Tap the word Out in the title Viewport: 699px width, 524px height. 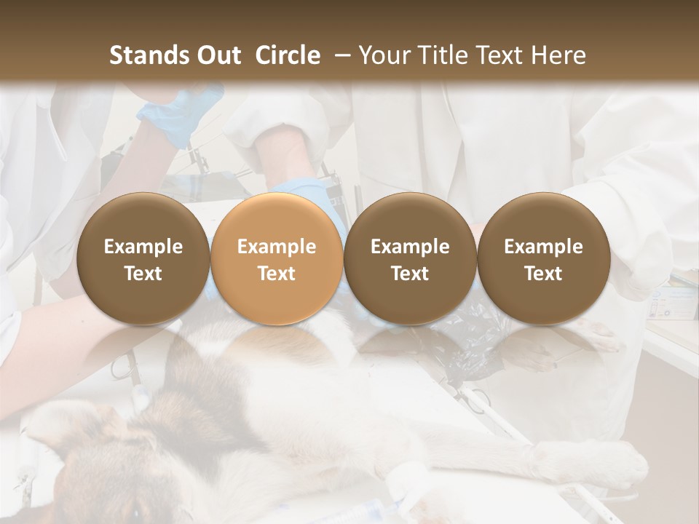(x=216, y=55)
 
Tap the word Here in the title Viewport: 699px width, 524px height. (x=559, y=55)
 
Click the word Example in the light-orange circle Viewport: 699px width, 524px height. (x=277, y=247)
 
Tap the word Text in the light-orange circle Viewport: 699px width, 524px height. (x=277, y=274)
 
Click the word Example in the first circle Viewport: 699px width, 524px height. (x=143, y=247)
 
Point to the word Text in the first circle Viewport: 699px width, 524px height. (x=143, y=274)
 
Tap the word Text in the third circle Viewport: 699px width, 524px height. (x=410, y=274)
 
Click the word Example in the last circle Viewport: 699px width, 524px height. (x=543, y=247)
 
